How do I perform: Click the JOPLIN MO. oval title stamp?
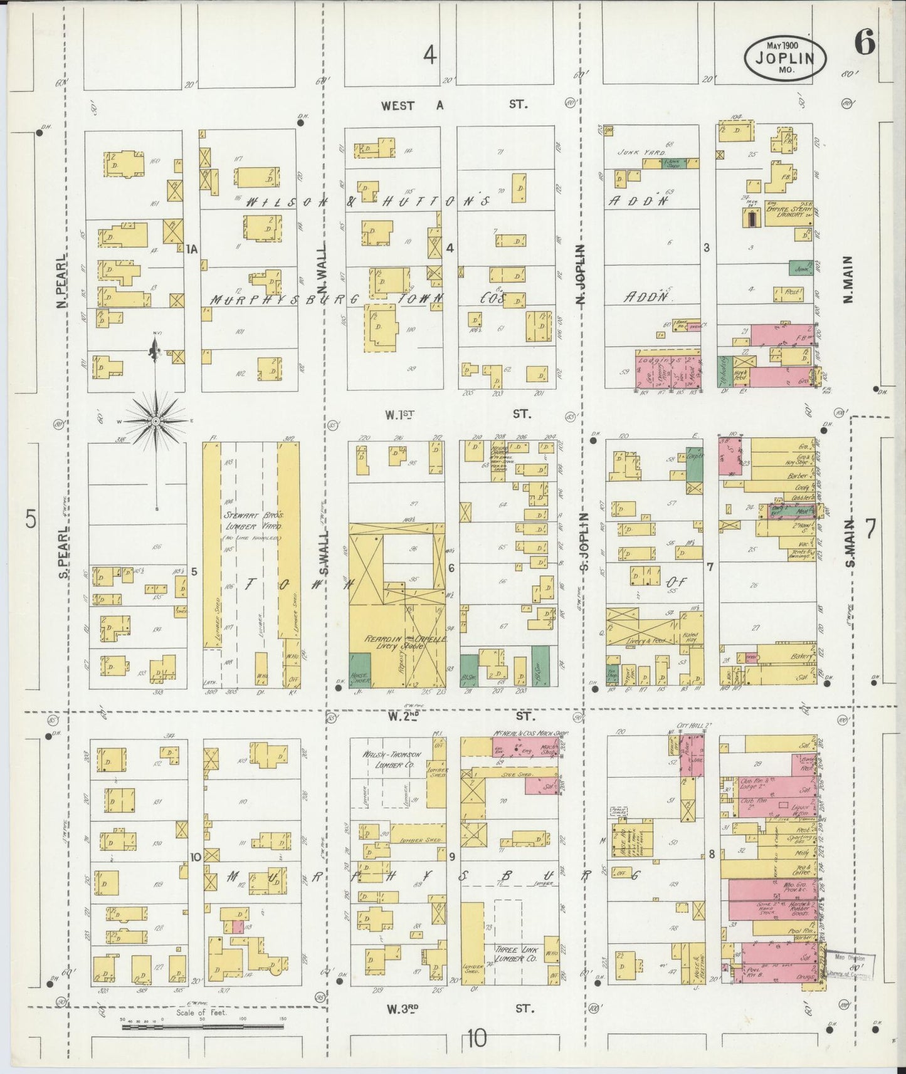(785, 57)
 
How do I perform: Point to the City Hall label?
(687, 726)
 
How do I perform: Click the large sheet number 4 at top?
(429, 56)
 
